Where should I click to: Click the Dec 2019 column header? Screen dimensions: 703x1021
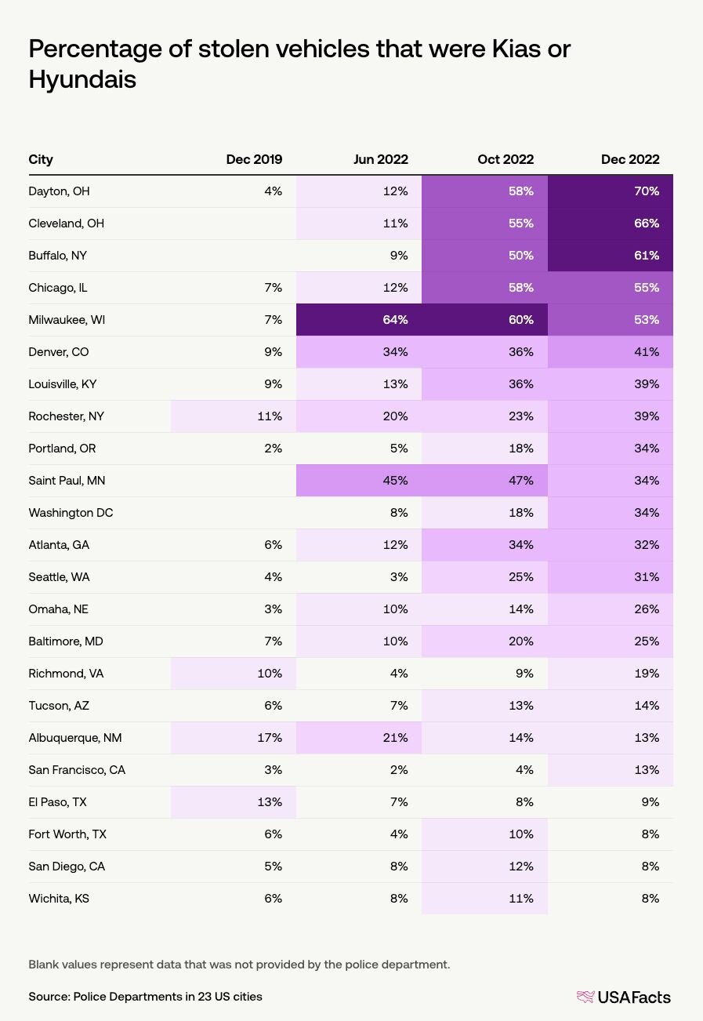click(x=254, y=159)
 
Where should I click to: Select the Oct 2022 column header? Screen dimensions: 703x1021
click(x=506, y=159)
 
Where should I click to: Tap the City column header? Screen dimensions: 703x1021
click(x=41, y=159)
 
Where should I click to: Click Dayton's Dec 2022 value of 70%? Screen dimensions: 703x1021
click(x=647, y=191)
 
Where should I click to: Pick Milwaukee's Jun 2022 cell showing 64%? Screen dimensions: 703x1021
click(x=395, y=319)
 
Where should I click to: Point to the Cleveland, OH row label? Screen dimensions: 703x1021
click(x=66, y=223)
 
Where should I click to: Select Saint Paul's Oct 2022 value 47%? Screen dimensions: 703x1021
click(x=520, y=481)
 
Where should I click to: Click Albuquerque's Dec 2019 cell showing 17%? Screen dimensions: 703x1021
click(x=270, y=737)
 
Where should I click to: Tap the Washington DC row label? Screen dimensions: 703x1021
click(x=71, y=513)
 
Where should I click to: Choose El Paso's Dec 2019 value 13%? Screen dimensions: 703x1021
click(x=270, y=801)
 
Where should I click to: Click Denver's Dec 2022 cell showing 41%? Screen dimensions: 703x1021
click(x=647, y=352)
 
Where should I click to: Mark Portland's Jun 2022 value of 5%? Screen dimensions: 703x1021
click(x=399, y=448)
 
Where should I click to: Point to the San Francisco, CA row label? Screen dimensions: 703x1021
click(x=77, y=770)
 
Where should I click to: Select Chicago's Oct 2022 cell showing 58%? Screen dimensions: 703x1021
click(x=520, y=288)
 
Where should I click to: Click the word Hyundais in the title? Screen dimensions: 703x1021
click(x=82, y=79)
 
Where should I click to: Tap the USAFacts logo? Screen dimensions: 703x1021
click(x=623, y=997)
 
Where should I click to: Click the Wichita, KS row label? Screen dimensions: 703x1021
click(x=59, y=899)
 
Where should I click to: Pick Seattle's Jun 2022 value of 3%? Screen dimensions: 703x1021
click(x=399, y=577)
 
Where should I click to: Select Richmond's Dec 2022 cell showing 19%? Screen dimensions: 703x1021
click(x=647, y=674)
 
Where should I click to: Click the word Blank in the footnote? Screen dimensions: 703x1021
click(x=43, y=965)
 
